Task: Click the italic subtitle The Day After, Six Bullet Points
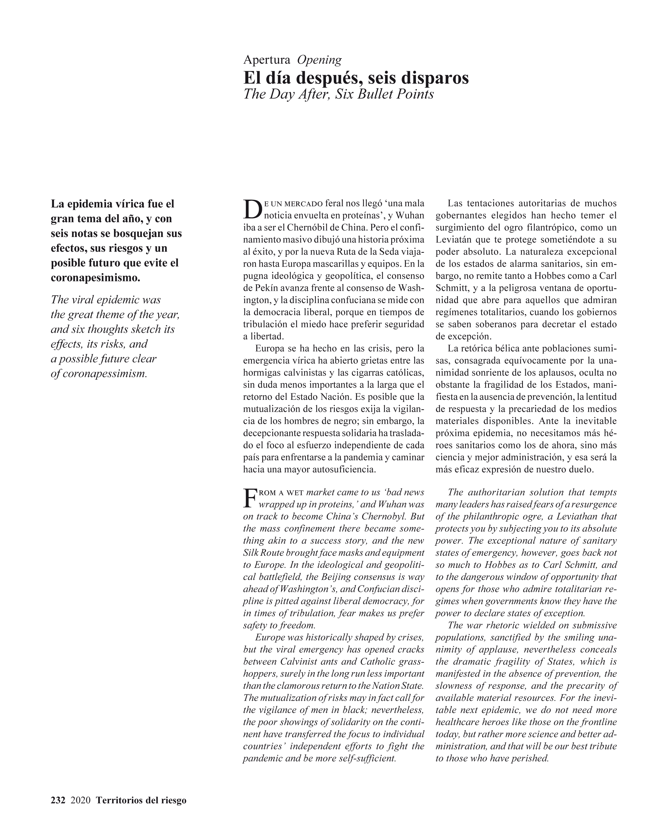[x=339, y=94]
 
